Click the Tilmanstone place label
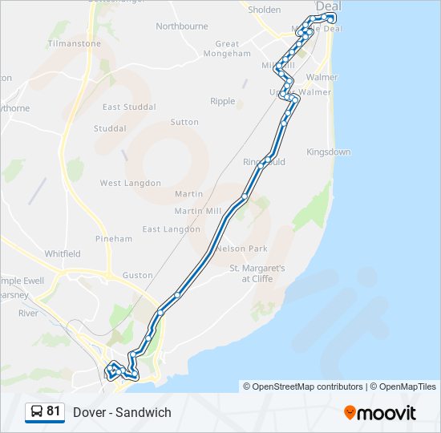click(x=74, y=43)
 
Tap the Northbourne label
click(x=182, y=26)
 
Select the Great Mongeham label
click(x=228, y=50)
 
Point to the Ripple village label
click(x=223, y=102)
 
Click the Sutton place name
click(x=184, y=123)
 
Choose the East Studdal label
click(x=129, y=107)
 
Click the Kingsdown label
click(x=329, y=152)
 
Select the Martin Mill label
click(x=197, y=212)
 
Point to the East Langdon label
click(x=172, y=229)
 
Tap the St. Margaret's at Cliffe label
click(x=257, y=273)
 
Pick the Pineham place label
click(x=114, y=239)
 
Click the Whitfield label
click(x=63, y=254)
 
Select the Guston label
click(x=138, y=275)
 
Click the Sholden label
click(x=265, y=10)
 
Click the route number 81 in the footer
click(x=54, y=411)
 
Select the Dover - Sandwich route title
click(x=122, y=412)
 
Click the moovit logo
click(x=380, y=412)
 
